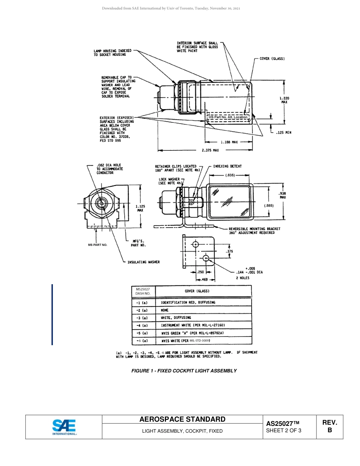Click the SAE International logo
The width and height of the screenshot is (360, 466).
(x=64, y=427)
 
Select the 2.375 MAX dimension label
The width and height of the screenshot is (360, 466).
(x=210, y=150)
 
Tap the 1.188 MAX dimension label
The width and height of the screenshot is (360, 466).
(x=229, y=142)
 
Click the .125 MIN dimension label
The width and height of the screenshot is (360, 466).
(x=283, y=133)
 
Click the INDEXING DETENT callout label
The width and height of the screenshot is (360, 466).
(x=227, y=166)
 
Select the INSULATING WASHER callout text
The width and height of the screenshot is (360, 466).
(x=143, y=262)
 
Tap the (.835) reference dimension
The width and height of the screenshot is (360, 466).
(x=230, y=175)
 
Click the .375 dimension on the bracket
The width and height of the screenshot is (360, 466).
(x=229, y=251)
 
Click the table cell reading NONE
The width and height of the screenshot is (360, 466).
(x=165, y=310)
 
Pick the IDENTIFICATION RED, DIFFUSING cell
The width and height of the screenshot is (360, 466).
(x=188, y=302)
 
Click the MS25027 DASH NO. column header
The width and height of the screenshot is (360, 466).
(x=143, y=291)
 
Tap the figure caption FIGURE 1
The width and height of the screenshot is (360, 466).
(x=184, y=371)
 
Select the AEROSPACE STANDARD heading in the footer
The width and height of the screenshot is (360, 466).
(x=182, y=419)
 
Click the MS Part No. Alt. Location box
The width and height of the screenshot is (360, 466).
(x=228, y=117)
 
